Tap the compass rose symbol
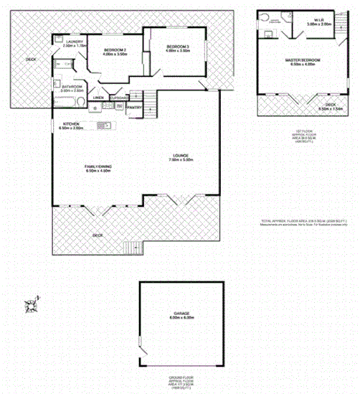coord(32,306)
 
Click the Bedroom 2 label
coord(114,51)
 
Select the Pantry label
coord(133,108)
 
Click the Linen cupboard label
coord(99,98)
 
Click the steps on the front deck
coord(131,248)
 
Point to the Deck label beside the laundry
coord(31,60)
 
